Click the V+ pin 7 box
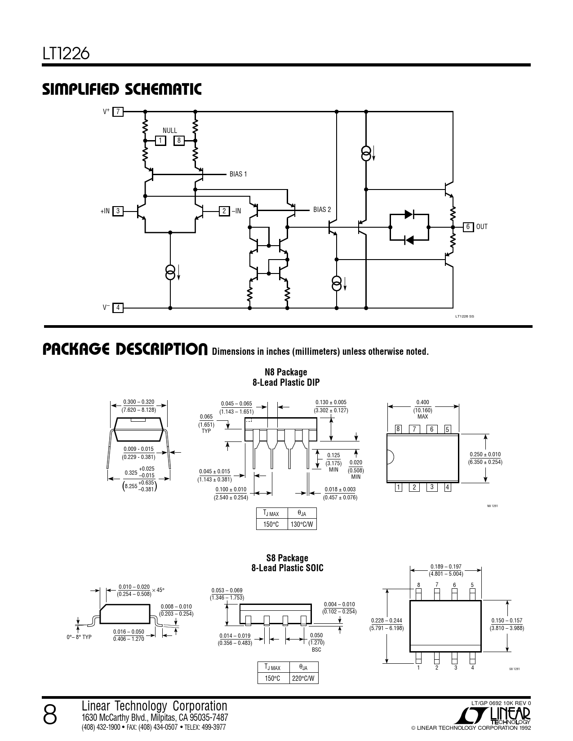point(118,111)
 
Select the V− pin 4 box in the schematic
point(118,308)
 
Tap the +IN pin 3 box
point(118,211)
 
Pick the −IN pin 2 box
point(224,211)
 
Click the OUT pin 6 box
point(468,227)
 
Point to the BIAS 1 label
point(238,174)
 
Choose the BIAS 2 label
point(322,210)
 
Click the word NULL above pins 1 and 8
point(169,131)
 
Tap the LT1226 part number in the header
point(66,53)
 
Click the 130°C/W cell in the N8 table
point(302,524)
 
